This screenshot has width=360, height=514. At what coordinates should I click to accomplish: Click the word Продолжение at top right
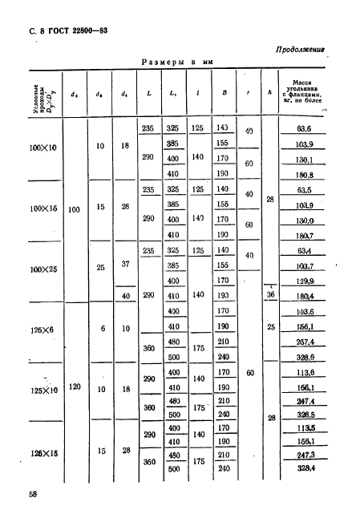point(298,49)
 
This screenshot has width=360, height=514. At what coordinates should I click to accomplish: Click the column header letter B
point(224,93)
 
